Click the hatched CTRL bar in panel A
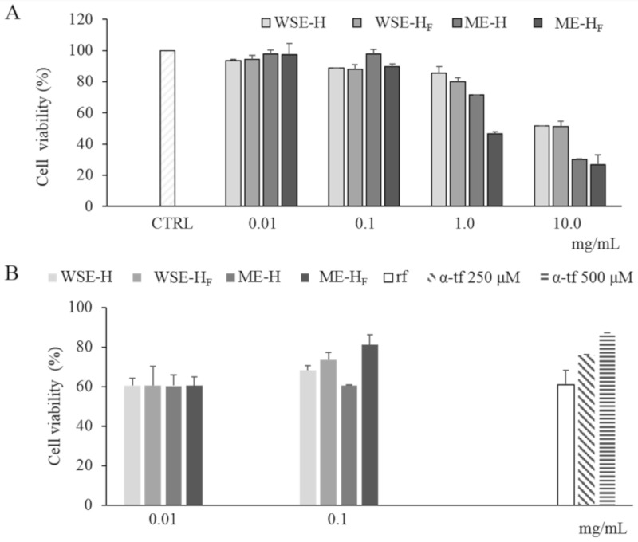point(167,128)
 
